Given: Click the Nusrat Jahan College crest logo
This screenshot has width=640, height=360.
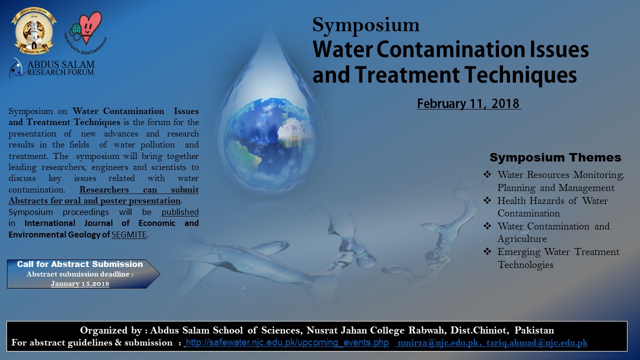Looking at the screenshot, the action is click(34, 31).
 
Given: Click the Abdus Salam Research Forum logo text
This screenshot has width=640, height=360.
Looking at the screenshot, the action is click(60, 68).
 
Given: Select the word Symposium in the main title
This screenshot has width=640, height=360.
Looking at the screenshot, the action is click(365, 25).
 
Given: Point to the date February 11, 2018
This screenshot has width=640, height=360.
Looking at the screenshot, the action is click(469, 103).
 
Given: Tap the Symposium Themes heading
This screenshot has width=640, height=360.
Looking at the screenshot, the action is click(555, 157).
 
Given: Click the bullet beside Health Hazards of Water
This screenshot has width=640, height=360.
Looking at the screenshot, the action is click(487, 200).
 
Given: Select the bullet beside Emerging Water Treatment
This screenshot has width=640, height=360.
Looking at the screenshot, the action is click(487, 251).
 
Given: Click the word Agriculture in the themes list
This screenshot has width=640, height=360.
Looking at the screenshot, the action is click(522, 239).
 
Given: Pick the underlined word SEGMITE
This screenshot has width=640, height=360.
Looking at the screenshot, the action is click(129, 234).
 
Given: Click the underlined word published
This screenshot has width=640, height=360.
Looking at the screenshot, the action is click(180, 212).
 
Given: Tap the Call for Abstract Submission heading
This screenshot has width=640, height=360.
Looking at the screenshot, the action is click(79, 264).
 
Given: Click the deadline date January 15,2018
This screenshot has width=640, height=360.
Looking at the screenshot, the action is click(80, 283).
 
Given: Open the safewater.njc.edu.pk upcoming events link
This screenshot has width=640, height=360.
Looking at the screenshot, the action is click(287, 342).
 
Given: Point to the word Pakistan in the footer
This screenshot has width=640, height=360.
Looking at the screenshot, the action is click(534, 330).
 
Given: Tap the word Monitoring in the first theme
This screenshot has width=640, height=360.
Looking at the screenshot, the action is click(599, 175).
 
